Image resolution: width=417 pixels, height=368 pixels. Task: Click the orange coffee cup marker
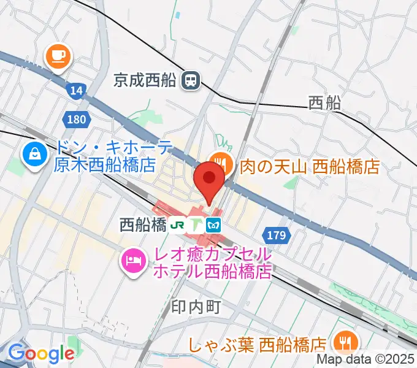point(58,57)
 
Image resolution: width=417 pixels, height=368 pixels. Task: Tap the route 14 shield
point(76,91)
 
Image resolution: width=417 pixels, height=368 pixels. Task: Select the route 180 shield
point(76,120)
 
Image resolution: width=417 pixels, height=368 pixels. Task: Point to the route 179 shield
point(277,234)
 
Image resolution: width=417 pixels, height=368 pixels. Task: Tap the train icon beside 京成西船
point(191,79)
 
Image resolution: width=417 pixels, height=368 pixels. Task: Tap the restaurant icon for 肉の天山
point(220,164)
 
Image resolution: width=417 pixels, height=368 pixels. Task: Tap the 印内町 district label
point(196,306)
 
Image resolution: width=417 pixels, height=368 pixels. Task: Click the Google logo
point(41,353)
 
